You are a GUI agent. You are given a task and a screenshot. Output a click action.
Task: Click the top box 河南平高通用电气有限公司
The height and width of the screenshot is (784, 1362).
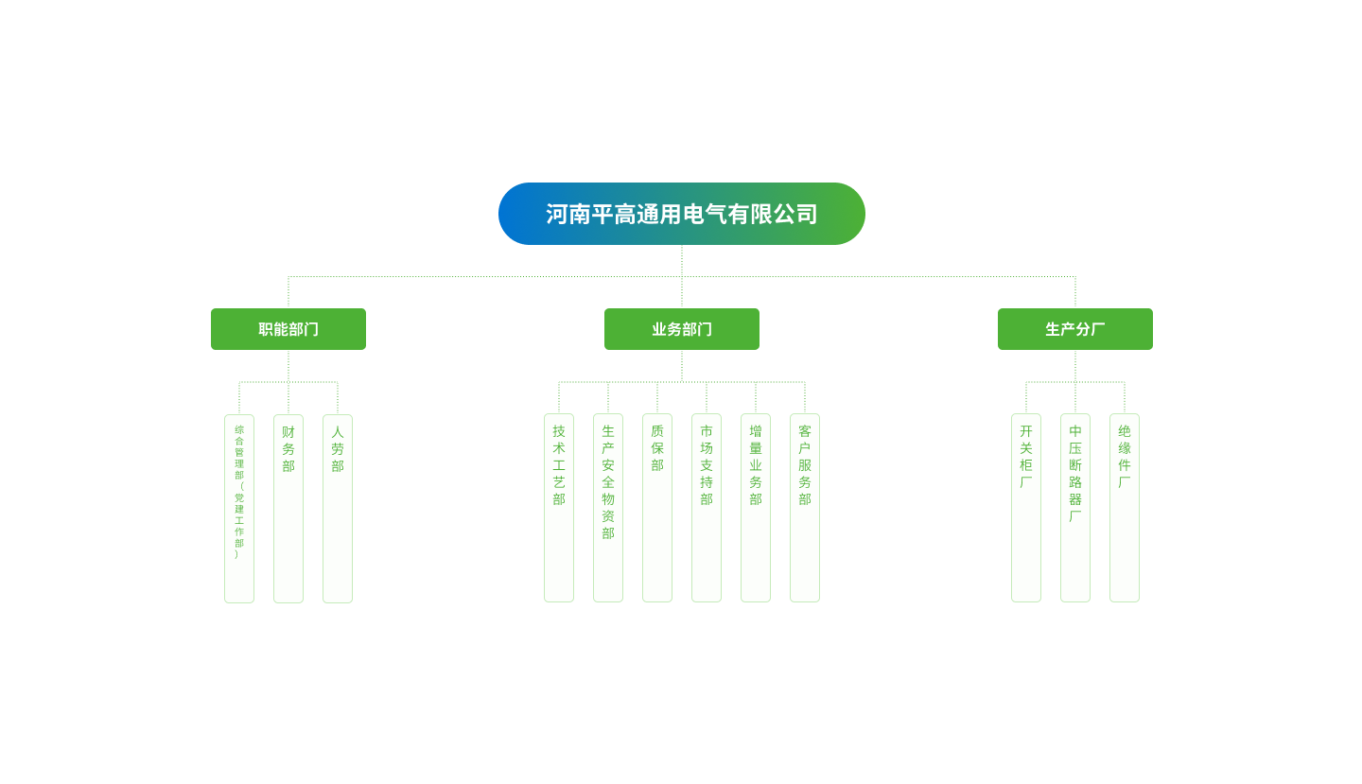(681, 214)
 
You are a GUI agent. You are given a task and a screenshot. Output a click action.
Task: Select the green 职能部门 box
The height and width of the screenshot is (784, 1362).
(288, 329)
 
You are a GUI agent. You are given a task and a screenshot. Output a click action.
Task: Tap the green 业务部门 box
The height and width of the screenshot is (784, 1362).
(681, 329)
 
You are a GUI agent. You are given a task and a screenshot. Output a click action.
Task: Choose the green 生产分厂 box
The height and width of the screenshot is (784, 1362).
(1074, 329)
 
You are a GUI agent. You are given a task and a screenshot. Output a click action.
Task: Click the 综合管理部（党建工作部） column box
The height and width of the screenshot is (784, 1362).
(239, 508)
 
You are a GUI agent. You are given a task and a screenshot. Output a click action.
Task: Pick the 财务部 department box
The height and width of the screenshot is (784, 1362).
(288, 508)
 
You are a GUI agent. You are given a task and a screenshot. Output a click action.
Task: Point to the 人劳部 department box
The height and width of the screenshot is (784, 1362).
(338, 508)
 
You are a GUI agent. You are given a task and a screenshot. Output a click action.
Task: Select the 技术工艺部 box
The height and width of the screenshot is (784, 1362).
(559, 507)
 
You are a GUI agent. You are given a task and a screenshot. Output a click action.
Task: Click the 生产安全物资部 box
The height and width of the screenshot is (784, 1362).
(608, 507)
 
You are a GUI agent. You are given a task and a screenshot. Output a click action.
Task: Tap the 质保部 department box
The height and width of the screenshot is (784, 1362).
(657, 507)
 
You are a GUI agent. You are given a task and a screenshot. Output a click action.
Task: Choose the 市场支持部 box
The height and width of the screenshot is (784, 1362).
(707, 507)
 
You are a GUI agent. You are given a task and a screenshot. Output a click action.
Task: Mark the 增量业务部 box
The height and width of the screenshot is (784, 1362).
(756, 507)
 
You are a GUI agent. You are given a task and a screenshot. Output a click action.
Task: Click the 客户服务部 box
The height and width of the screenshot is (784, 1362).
(805, 507)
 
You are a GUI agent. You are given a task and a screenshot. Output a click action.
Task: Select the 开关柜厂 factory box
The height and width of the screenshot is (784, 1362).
(1026, 507)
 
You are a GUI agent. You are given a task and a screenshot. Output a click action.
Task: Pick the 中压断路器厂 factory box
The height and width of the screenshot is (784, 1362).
(1075, 507)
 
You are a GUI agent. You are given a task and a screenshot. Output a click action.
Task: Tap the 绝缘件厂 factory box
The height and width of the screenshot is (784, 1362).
(1125, 507)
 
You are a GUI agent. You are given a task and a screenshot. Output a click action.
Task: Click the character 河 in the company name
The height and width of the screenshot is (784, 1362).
(556, 215)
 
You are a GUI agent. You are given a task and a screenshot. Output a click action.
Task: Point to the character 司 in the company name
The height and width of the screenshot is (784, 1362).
(807, 215)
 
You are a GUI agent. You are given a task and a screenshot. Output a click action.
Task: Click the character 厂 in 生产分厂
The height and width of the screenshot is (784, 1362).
(1098, 330)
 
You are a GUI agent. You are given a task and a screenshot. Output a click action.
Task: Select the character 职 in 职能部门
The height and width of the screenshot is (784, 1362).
(266, 330)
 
